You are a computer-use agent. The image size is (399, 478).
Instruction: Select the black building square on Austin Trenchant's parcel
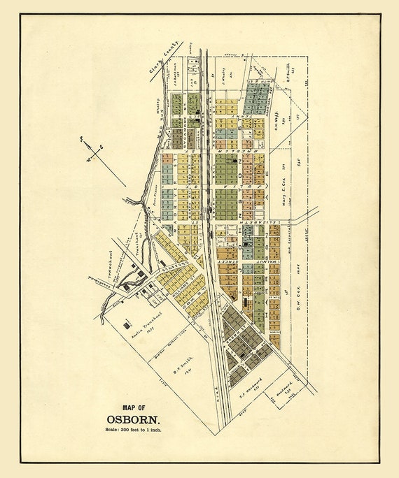point(127,324)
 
